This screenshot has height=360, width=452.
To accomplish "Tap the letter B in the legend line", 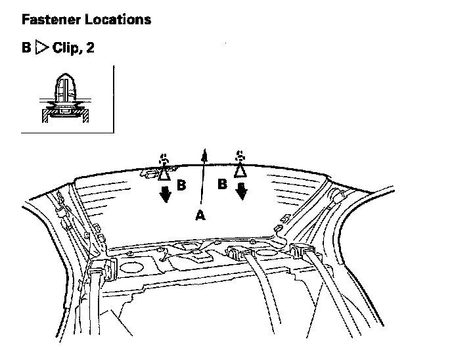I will point(26,49).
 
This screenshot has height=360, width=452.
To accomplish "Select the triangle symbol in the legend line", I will point(41,49).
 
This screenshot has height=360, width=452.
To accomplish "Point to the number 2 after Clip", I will point(89,49).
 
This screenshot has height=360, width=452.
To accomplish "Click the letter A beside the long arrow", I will point(200,215).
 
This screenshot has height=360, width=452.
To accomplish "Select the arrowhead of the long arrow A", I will point(204,154).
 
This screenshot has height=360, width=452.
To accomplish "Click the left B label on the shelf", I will point(181,186).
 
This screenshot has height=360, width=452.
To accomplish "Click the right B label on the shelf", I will point(223,184).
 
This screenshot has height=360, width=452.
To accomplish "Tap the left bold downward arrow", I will point(164,194).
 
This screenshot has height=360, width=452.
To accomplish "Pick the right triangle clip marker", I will point(240,169).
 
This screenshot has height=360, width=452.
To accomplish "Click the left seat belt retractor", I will point(103,269).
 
